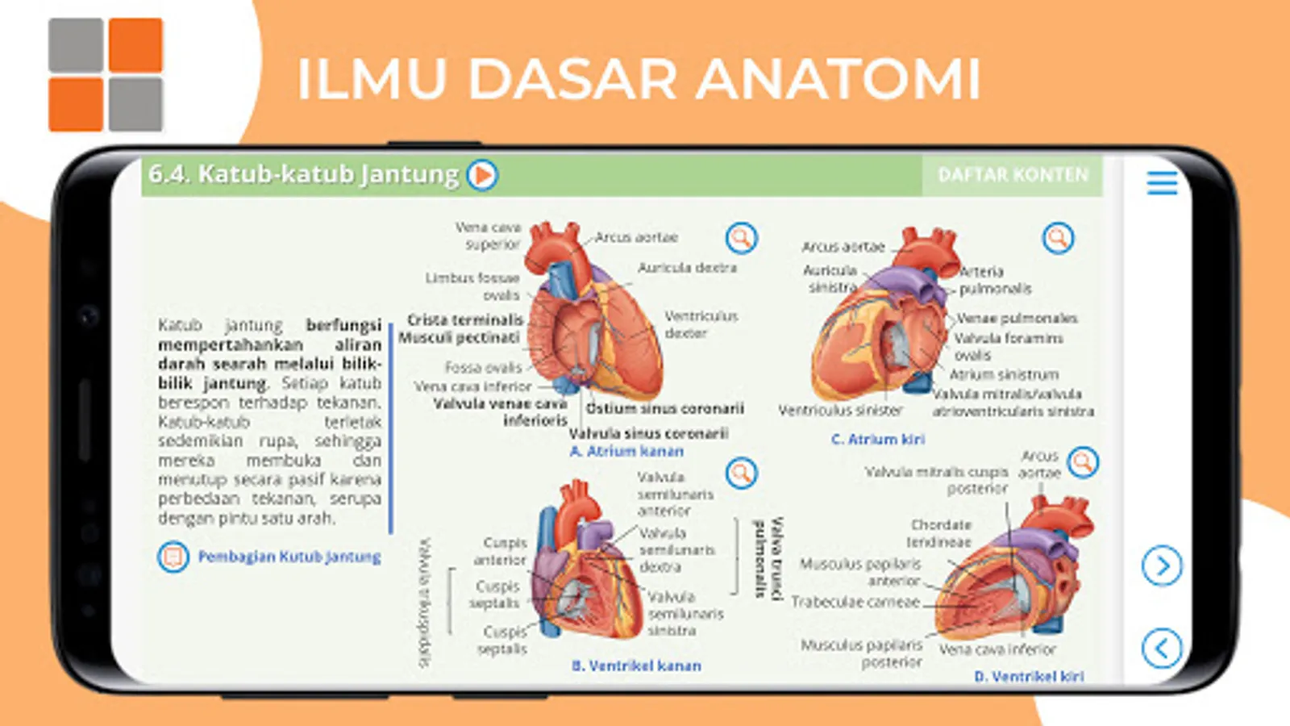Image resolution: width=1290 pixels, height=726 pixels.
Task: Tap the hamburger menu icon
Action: pos(1162,183)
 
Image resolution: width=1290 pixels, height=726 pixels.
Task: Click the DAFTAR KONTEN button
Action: pos(1013,175)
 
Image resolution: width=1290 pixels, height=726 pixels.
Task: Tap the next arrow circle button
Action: pos(1162,566)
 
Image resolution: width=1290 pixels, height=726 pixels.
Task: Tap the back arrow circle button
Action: pos(1162,648)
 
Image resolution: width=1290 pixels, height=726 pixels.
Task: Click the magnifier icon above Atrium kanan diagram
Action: pos(741,238)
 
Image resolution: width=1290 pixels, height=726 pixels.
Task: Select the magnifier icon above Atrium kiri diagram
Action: pos(1058,238)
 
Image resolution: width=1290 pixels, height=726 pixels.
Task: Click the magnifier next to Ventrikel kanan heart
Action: pos(741,474)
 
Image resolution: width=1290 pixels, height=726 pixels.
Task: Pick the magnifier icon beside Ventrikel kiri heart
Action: pos(1083,462)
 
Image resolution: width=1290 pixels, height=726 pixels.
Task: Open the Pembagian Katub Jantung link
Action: pos(289,557)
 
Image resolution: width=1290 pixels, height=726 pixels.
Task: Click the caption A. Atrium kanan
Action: pos(626,452)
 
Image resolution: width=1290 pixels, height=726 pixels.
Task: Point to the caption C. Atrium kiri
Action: pos(878,440)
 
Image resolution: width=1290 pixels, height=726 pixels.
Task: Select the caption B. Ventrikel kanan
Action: pos(636,666)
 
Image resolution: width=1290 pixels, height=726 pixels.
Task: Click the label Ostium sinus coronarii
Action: pos(665,409)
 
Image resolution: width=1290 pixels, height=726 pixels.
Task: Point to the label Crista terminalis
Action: pos(465,320)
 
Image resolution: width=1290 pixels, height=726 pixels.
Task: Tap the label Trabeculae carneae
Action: pos(855,603)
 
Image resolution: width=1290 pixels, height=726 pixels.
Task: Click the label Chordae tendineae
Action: pos(939,533)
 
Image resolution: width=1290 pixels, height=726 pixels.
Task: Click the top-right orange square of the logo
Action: pos(135,45)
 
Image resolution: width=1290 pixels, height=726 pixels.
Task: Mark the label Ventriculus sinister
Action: pos(840,411)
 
